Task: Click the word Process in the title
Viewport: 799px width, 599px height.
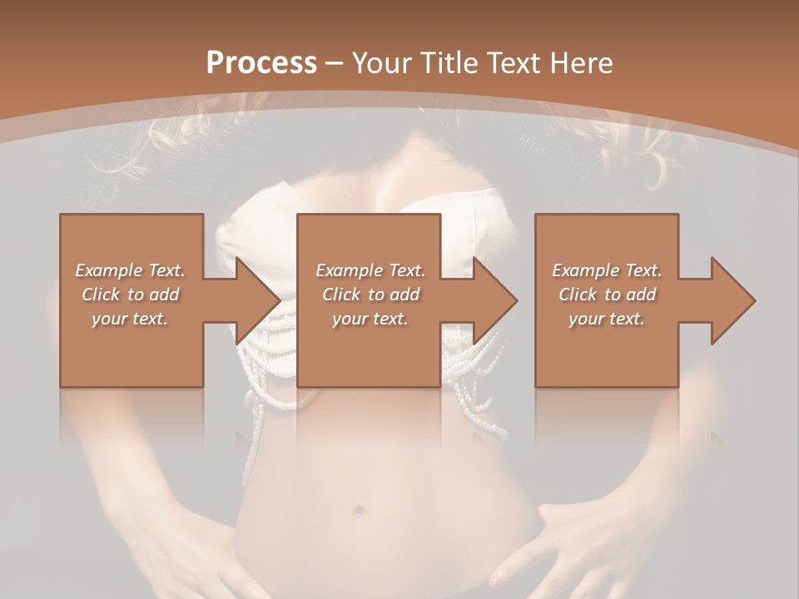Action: click(x=261, y=63)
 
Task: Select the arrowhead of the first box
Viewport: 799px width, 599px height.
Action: click(x=258, y=299)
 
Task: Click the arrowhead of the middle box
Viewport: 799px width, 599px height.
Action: click(x=496, y=299)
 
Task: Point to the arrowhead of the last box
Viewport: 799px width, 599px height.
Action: click(x=733, y=299)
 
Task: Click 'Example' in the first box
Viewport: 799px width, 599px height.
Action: click(x=108, y=270)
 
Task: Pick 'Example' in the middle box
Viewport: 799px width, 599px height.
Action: click(x=349, y=270)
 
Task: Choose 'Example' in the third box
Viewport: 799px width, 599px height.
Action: click(x=585, y=270)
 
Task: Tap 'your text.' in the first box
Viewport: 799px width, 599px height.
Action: click(x=130, y=319)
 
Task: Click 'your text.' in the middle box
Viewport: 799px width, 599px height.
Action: click(x=370, y=319)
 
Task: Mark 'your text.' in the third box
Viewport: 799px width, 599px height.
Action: click(x=607, y=319)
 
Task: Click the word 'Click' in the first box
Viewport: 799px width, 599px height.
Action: click(x=101, y=295)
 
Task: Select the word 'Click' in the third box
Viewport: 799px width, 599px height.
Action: click(x=578, y=295)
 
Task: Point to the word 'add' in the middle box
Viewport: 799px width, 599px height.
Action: click(x=404, y=295)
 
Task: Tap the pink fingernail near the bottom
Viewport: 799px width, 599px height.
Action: click(x=497, y=577)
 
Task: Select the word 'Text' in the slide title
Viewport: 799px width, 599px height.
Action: click(x=514, y=63)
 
